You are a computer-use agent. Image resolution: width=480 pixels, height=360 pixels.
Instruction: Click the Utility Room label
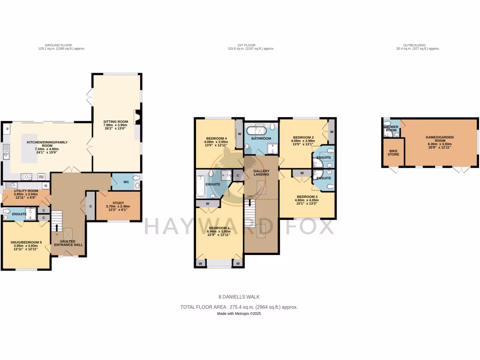pyautogui.click(x=26, y=191)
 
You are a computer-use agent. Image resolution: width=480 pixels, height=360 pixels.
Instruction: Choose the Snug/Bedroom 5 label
pyautogui.click(x=26, y=242)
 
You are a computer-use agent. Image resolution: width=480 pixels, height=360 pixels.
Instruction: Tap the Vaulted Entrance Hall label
pyautogui.click(x=68, y=242)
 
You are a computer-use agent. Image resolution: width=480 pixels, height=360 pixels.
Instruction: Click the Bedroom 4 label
pyautogui.click(x=216, y=138)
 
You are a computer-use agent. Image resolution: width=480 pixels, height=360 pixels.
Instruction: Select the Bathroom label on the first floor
pyautogui.click(x=261, y=139)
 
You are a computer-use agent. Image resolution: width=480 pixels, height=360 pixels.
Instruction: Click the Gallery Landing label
pyautogui.click(x=261, y=172)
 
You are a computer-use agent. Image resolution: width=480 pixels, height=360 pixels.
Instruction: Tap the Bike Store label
pyautogui.click(x=393, y=152)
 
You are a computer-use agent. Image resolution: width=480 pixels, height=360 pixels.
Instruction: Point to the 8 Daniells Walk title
pyautogui.click(x=239, y=297)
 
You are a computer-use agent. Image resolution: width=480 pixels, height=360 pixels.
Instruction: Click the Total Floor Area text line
pyautogui.click(x=239, y=307)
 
